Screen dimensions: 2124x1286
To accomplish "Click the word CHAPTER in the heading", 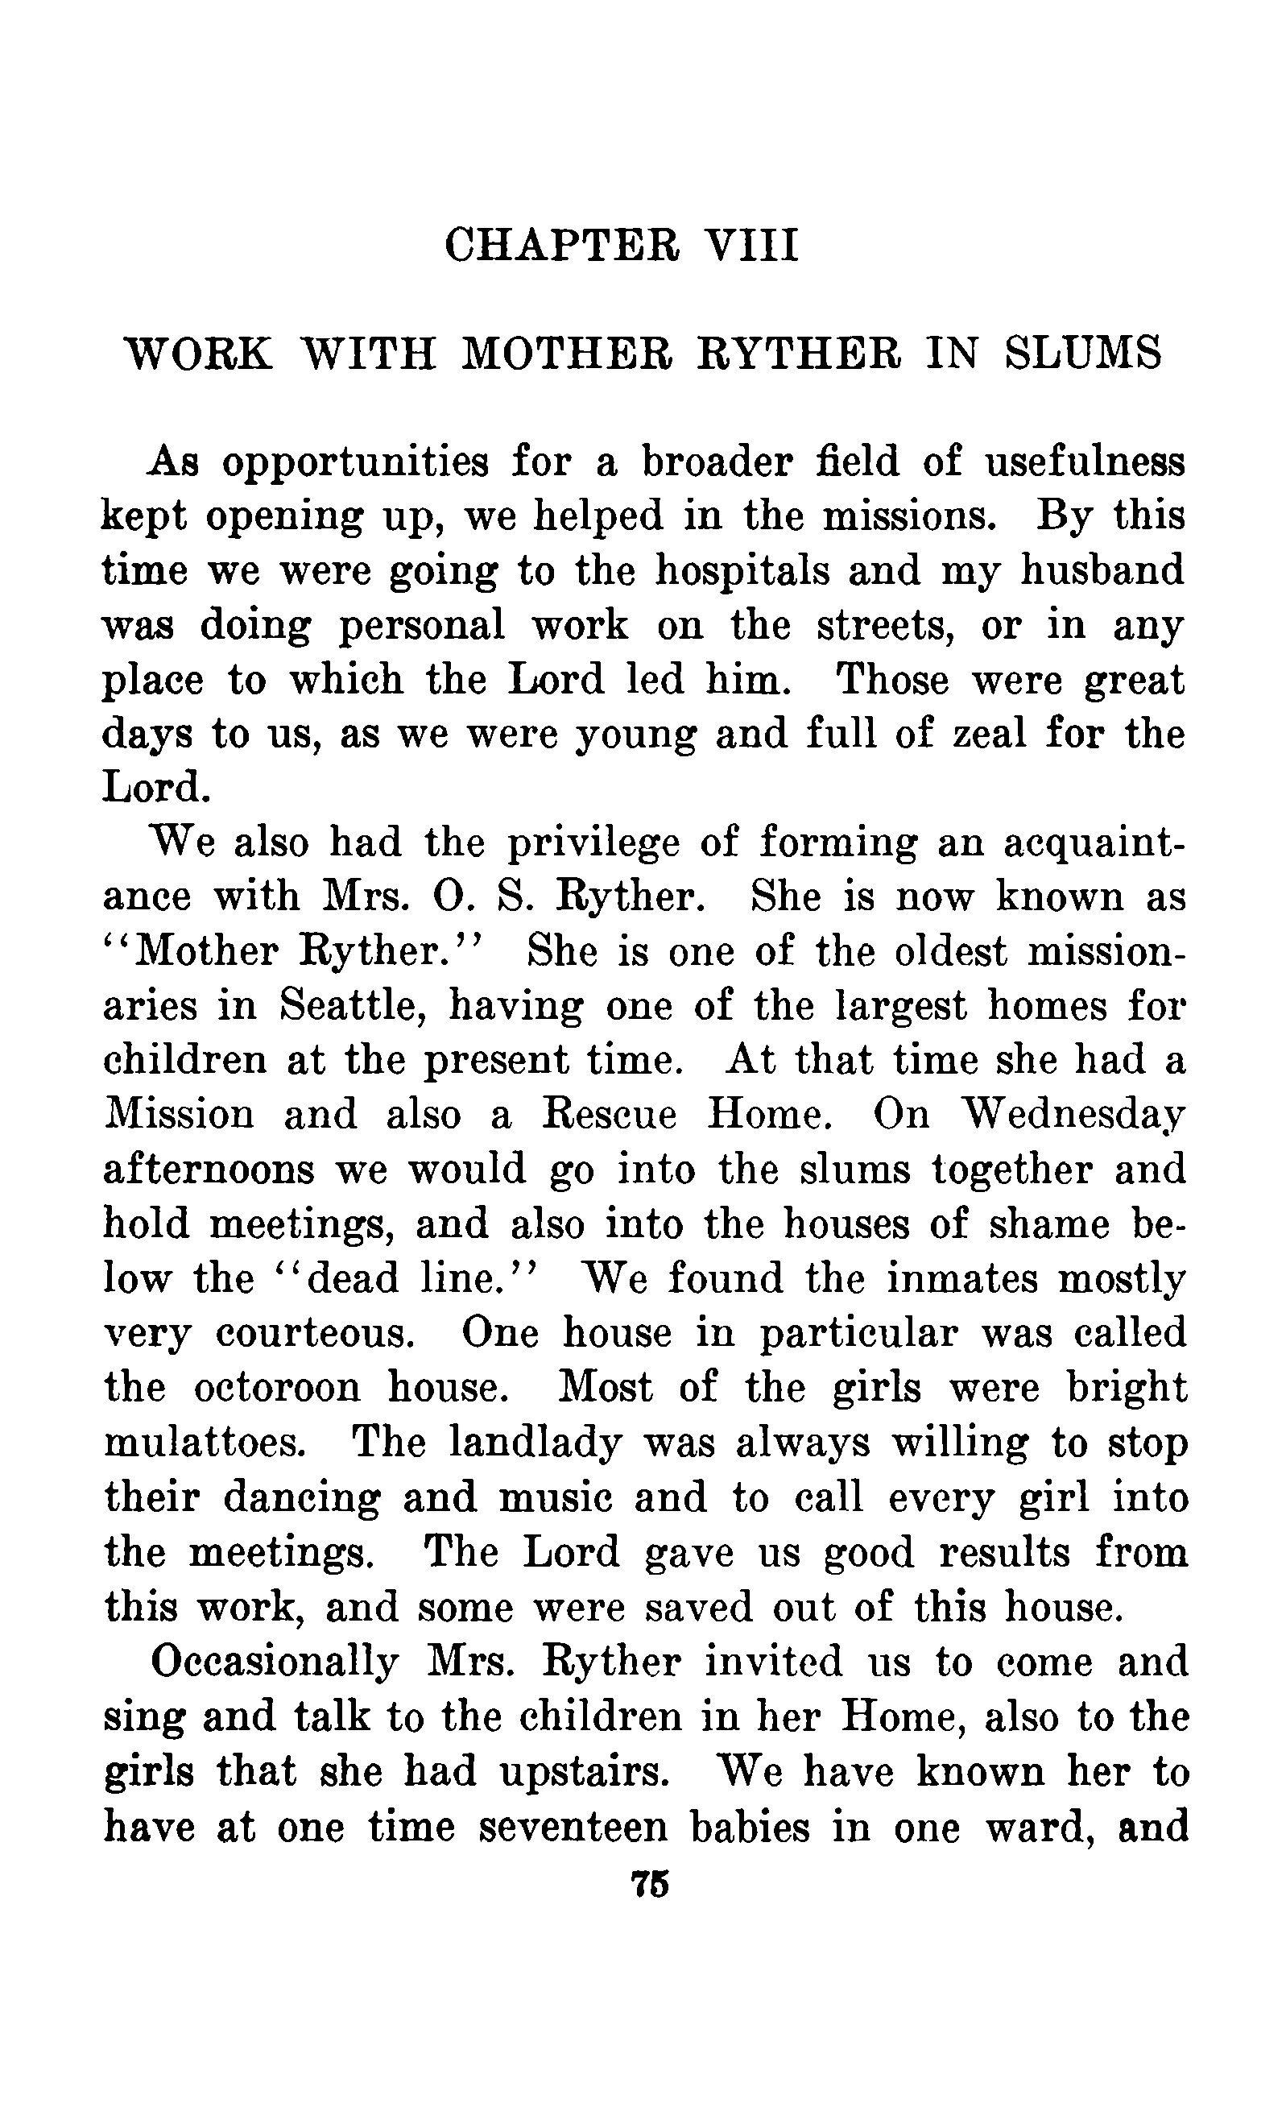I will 562,245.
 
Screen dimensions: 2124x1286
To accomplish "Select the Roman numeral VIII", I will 751,245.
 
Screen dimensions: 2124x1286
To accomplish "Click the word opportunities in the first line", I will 354,464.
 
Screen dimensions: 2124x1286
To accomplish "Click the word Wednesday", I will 1073,1116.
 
